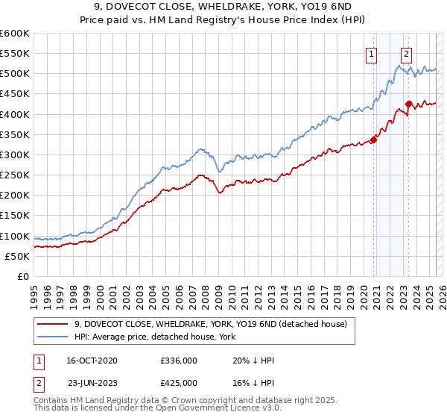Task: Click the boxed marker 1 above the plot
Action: pyautogui.click(x=371, y=53)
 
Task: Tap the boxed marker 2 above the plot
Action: pyautogui.click(x=407, y=53)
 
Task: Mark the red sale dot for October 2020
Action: pyautogui.click(x=373, y=140)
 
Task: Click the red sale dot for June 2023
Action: pyautogui.click(x=409, y=104)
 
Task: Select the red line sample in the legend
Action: pyautogui.click(x=52, y=324)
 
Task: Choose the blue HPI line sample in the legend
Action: pyautogui.click(x=52, y=337)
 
